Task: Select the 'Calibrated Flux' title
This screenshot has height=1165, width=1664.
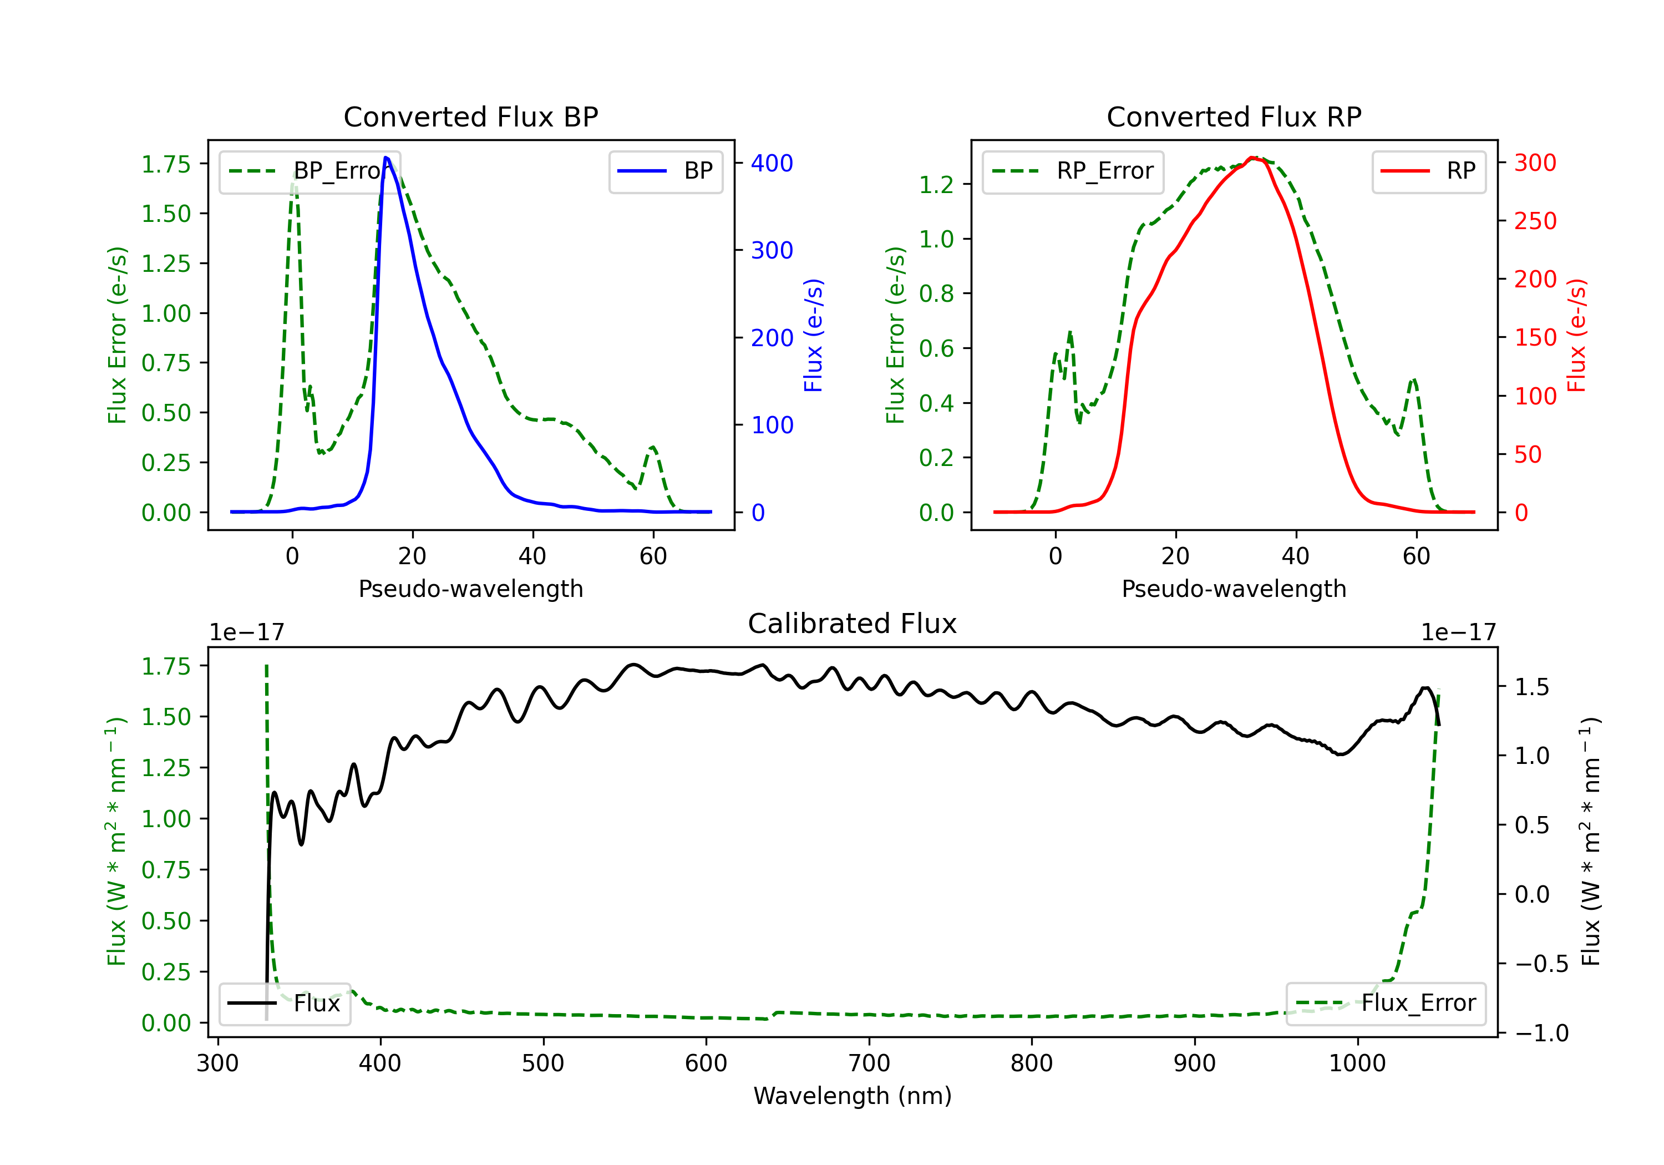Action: click(x=853, y=624)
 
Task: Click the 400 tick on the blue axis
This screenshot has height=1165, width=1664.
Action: click(x=772, y=163)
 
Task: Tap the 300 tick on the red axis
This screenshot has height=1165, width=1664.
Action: click(x=1535, y=163)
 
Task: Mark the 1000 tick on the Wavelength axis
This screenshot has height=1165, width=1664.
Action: click(x=1357, y=1063)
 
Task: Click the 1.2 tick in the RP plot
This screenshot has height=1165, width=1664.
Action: click(x=936, y=185)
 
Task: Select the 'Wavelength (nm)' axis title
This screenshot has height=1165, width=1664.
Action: click(x=853, y=1096)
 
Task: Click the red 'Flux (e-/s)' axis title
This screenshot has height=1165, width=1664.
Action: click(x=1577, y=336)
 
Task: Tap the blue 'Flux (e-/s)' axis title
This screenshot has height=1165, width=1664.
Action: click(x=813, y=336)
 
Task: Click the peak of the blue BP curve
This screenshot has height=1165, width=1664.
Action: click(x=386, y=158)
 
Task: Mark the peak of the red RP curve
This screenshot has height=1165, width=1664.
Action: click(x=1252, y=158)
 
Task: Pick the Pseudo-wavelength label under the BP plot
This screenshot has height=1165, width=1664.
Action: click(x=470, y=589)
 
